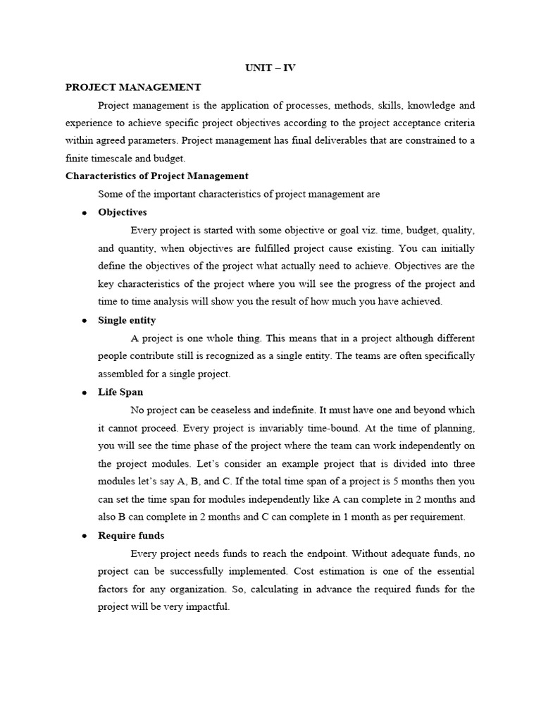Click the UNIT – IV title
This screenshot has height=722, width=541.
click(x=270, y=69)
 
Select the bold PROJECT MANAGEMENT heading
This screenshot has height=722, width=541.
click(x=133, y=87)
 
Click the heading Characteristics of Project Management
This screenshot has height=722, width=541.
click(x=156, y=176)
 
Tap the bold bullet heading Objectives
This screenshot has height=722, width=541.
click(x=123, y=212)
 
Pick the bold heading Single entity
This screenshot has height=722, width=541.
click(x=127, y=320)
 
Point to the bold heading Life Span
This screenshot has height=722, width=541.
click(x=120, y=392)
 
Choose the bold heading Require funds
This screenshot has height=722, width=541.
click(x=131, y=535)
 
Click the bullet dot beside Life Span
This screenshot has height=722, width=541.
click(x=84, y=393)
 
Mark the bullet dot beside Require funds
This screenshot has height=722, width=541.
click(x=84, y=536)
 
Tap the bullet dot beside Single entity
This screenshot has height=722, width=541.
click(x=84, y=321)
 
